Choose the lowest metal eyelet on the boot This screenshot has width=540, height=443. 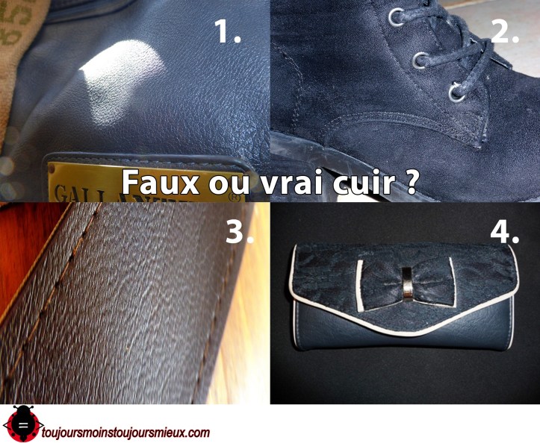click(453, 92)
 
